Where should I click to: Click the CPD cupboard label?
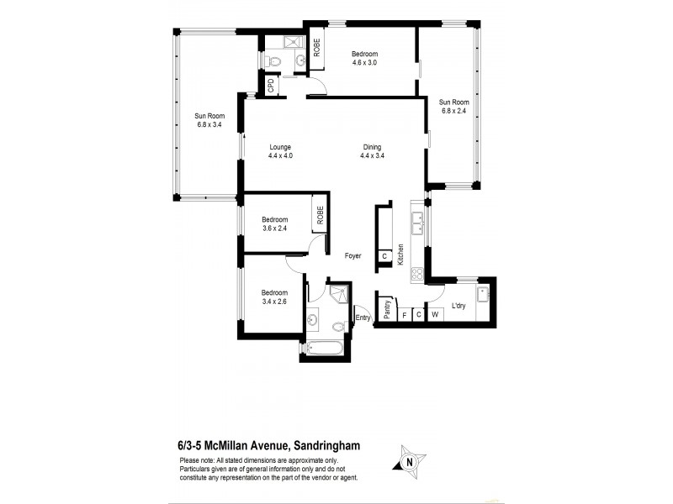pos(271,85)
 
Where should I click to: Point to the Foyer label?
pos(353,256)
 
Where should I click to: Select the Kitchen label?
pos(401,254)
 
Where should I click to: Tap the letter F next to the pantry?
pos(404,315)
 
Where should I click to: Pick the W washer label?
pos(435,315)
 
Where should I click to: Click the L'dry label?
pos(458,307)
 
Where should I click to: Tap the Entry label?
pos(363,318)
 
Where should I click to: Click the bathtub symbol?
pos(325,349)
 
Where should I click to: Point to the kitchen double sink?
pos(416,222)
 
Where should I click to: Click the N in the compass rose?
pos(410,461)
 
